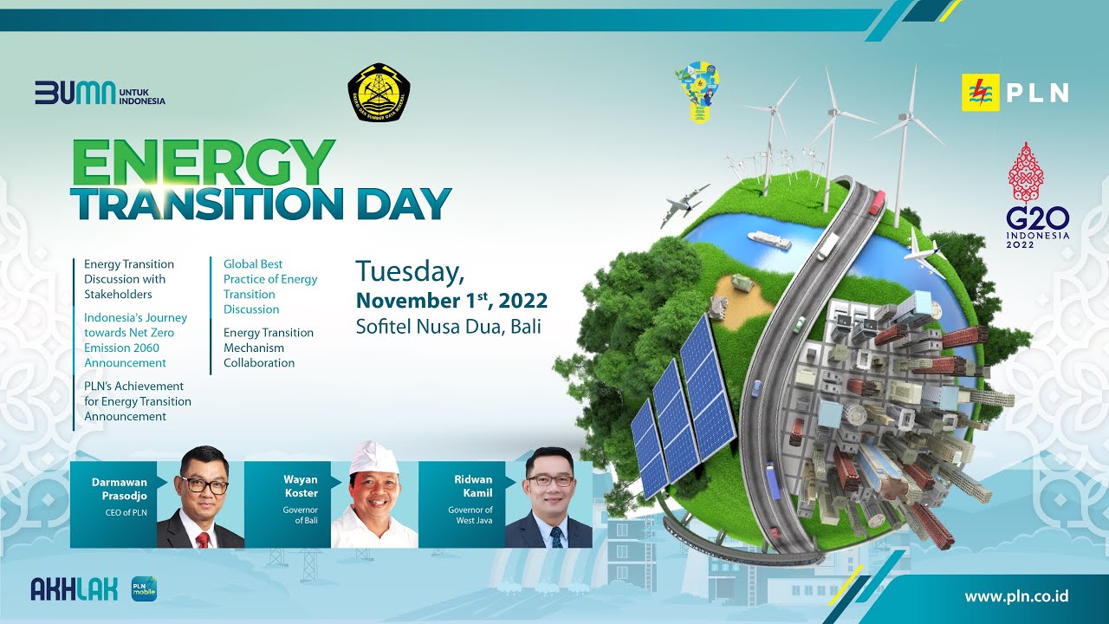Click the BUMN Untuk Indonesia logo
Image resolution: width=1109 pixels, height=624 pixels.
point(100,92)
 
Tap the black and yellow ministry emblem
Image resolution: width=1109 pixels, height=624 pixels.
point(379,92)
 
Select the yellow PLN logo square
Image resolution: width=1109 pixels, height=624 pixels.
point(980,93)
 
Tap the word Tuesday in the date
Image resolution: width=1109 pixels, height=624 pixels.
point(410,271)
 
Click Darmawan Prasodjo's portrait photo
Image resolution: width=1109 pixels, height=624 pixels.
point(201,498)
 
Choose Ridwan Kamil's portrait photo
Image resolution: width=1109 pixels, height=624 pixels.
point(549,498)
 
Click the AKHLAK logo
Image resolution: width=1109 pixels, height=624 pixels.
point(74,589)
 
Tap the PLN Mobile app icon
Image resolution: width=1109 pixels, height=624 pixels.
point(144,589)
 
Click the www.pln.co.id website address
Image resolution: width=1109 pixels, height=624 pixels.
point(1016,596)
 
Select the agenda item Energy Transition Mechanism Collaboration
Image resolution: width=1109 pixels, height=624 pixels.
point(269,348)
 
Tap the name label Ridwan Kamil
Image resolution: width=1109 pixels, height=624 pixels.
point(473,486)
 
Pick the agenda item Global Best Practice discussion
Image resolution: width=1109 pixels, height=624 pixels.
point(270,286)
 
